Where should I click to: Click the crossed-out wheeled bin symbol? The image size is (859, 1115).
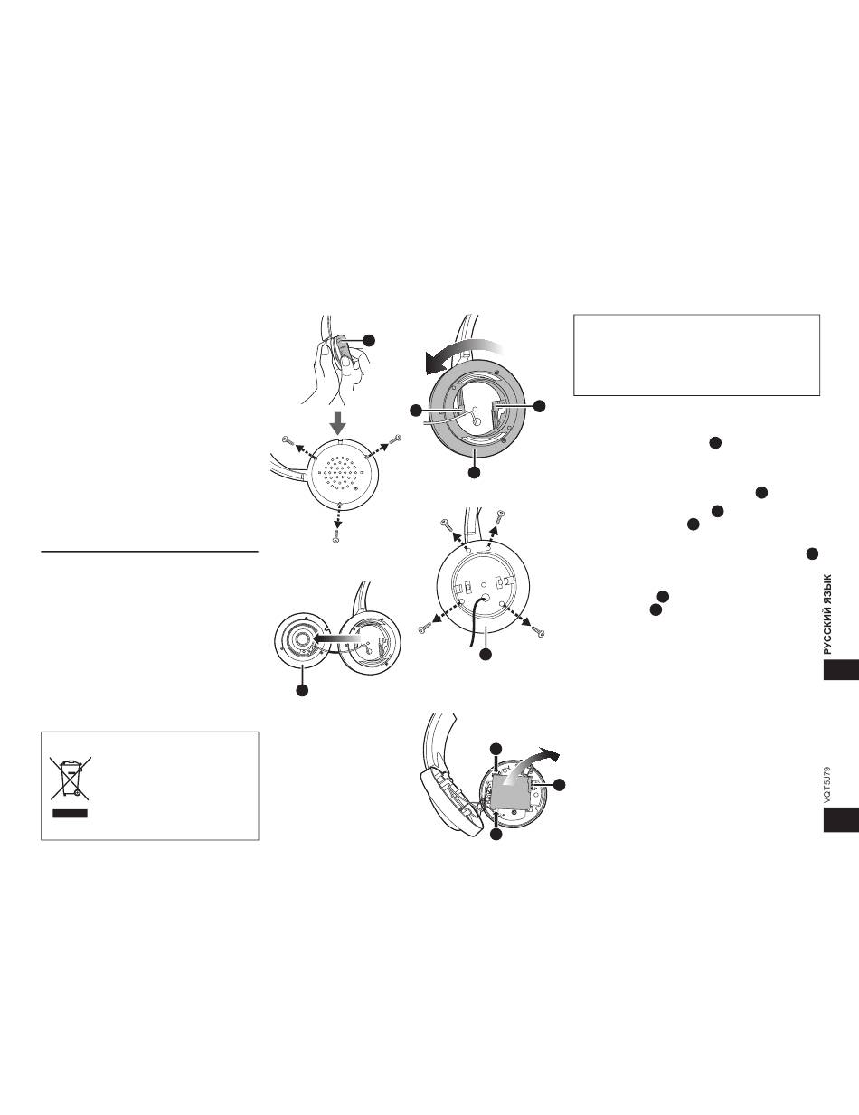(71, 778)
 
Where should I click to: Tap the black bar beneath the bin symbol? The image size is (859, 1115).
(70, 813)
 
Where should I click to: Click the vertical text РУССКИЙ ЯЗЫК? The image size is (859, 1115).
(827, 614)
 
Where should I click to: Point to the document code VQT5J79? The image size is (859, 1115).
(826, 786)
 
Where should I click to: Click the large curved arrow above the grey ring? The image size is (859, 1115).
(464, 354)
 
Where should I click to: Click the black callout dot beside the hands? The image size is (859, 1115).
(369, 340)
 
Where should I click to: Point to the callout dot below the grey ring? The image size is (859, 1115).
(475, 472)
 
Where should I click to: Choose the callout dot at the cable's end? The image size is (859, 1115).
(486, 654)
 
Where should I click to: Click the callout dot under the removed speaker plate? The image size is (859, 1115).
(302, 690)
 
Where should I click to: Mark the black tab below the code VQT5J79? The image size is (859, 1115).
(841, 820)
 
